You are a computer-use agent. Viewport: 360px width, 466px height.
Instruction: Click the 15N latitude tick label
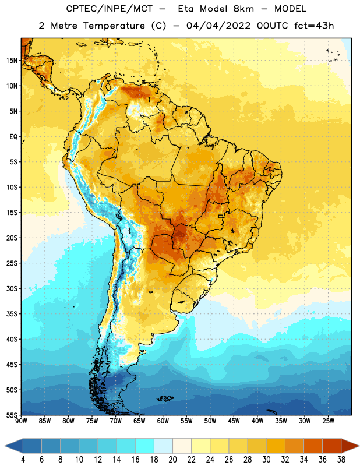pos(12,61)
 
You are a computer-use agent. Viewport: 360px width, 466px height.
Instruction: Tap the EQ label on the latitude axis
pos(13,137)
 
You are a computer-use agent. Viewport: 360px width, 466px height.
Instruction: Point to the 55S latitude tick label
pos(12,415)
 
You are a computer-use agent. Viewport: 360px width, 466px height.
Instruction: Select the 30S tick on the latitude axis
pos(12,288)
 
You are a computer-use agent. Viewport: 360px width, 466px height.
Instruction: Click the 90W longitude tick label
pos(22,421)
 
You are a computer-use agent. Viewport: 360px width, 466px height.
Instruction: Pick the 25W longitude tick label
pos(328,421)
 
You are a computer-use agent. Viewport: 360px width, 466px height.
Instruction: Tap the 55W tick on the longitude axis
pos(186,421)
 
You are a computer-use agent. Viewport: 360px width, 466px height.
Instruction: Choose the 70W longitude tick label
pos(116,421)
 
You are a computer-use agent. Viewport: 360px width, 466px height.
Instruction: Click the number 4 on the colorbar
pos(23,460)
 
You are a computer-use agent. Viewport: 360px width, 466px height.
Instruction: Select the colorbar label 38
pos(341,460)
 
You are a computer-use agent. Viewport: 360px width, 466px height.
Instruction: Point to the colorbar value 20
pos(172,460)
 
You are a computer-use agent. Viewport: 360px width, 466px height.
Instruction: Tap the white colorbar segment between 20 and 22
pos(182,446)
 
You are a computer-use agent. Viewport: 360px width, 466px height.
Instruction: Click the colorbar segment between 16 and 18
pos(145,446)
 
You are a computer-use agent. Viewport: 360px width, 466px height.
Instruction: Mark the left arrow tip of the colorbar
pos(5,446)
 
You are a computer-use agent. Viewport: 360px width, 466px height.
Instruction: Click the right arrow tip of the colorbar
pos(359,446)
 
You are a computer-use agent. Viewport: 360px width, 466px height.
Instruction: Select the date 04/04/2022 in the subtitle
pos(218,26)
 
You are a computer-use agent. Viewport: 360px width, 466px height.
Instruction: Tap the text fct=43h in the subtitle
pos(314,26)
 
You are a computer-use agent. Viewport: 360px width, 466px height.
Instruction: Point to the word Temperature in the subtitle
pos(114,26)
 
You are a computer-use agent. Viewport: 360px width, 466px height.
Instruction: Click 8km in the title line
pos(243,9)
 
